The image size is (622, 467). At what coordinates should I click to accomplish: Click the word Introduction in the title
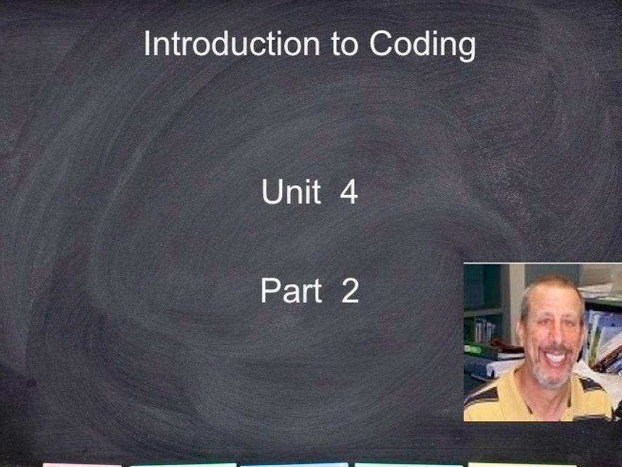231,44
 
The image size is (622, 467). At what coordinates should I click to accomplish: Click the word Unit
291,192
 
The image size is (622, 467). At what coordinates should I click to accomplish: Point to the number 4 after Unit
349,193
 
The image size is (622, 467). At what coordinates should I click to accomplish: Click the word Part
291,291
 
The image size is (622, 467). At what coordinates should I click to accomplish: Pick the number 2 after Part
350,291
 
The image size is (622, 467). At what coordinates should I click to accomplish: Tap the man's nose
555,338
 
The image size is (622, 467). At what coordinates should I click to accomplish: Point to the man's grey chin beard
554,380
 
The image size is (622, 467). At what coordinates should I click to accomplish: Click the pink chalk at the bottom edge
81,465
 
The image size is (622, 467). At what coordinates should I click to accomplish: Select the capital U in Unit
271,192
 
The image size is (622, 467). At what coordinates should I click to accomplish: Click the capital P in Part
269,291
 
